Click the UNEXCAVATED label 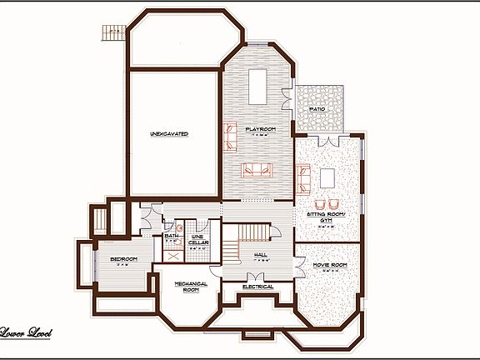click(x=169, y=133)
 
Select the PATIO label click(x=317, y=109)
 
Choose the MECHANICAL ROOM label click(x=191, y=287)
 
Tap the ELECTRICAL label click(x=257, y=287)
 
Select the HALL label click(x=259, y=254)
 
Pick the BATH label click(x=172, y=237)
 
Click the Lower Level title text click(x=27, y=333)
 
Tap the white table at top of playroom click(x=258, y=83)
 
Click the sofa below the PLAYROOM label click(x=256, y=170)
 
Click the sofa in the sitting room click(x=304, y=177)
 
